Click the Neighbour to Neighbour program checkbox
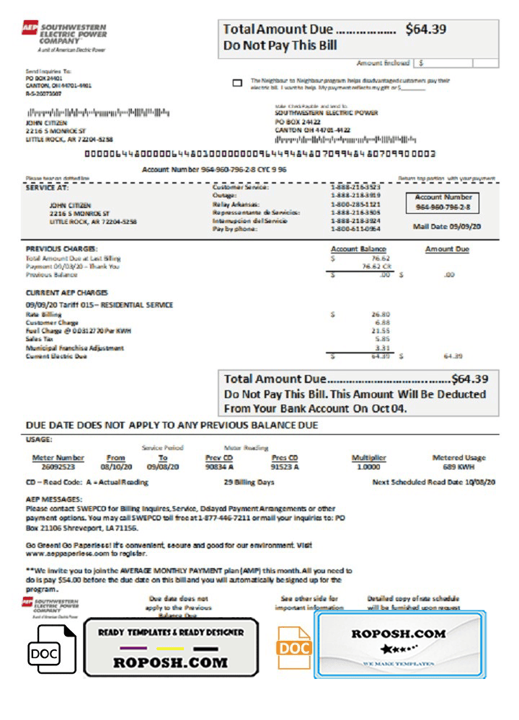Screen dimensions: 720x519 (237, 83)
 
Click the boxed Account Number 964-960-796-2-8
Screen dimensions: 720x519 (443, 207)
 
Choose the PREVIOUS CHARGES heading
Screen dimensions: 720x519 (61, 249)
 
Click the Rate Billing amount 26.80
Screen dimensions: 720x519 (381, 315)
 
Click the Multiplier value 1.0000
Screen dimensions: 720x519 (368, 467)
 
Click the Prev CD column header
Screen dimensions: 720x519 (219, 458)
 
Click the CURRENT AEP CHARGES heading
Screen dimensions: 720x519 (67, 293)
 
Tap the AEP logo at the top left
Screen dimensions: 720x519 (30, 27)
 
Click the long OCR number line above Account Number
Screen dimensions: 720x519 (260, 154)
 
